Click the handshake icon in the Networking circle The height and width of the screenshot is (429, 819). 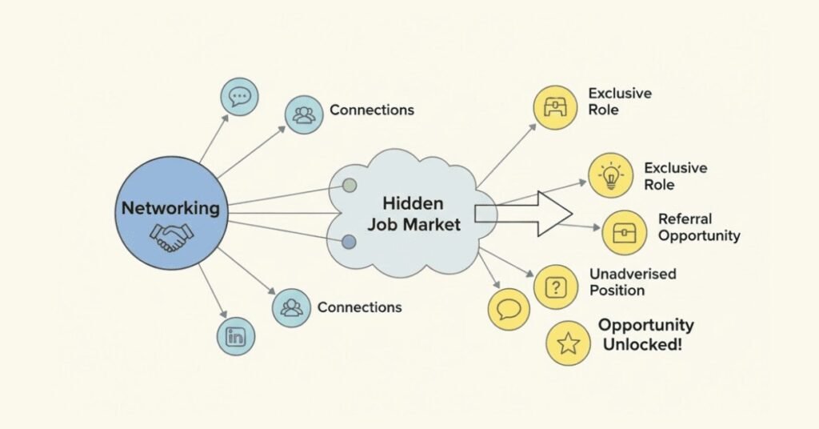tap(171, 236)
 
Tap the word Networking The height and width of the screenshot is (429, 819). tap(170, 208)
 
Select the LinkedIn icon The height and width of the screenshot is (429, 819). tap(236, 336)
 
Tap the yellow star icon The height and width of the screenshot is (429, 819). tap(568, 343)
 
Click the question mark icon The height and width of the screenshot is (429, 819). tap(555, 287)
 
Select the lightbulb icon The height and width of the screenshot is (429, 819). tap(610, 176)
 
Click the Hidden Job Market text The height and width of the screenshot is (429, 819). tap(413, 214)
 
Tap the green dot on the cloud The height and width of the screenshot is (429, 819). tap(349, 186)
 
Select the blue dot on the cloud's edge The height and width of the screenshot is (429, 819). tap(349, 242)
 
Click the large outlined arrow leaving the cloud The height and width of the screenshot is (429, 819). tap(528, 214)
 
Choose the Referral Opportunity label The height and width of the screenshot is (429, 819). tap(698, 227)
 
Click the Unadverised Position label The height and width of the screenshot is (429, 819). tap(632, 282)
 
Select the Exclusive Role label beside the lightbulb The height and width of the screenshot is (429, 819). tap(675, 176)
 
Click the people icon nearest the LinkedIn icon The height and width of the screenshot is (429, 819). tap(291, 308)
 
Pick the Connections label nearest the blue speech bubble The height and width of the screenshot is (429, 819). tap(371, 110)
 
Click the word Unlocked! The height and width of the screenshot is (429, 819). tap(645, 345)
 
